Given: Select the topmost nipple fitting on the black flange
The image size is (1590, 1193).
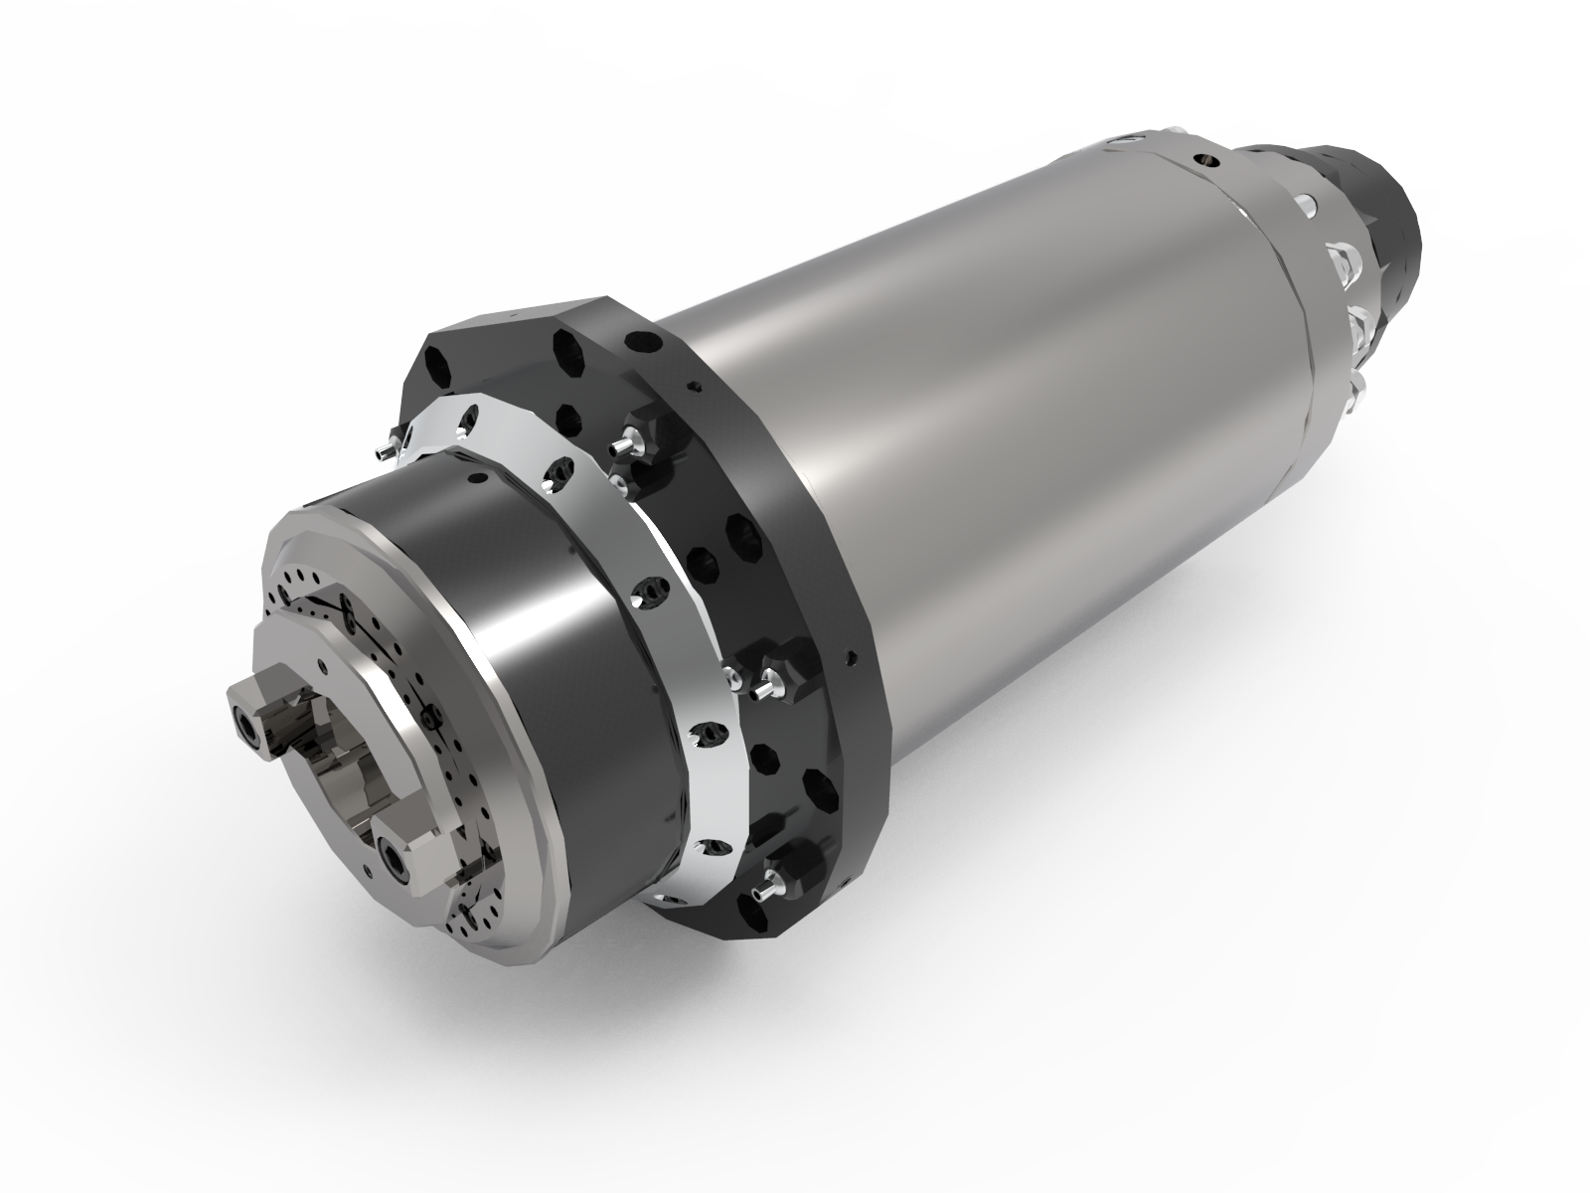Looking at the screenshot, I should pos(631,443).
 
